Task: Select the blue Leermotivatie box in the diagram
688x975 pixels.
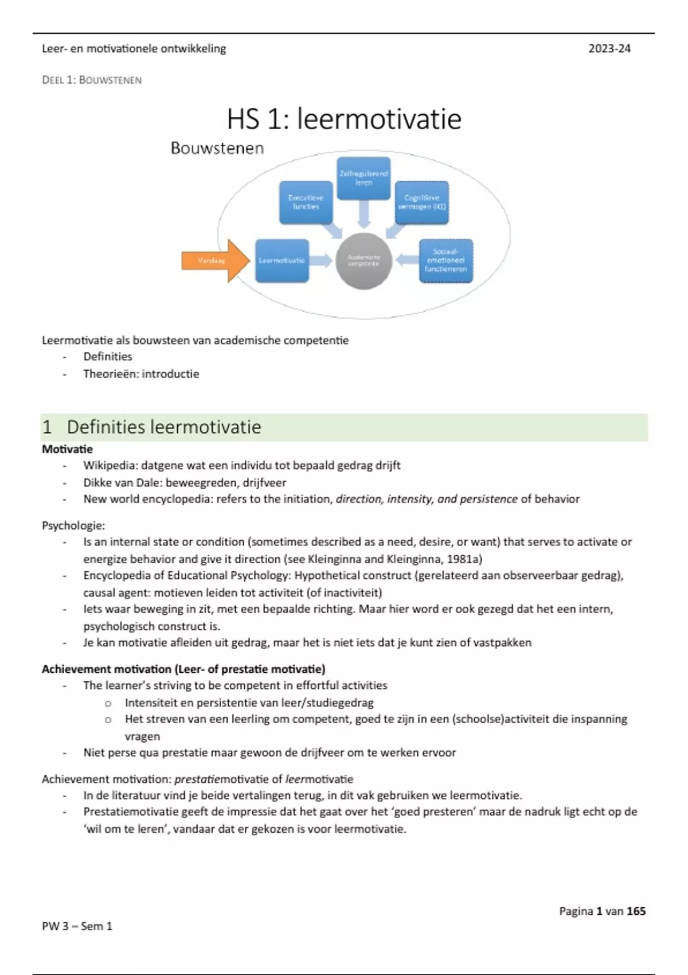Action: tap(282, 261)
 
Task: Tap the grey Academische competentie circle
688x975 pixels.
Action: tap(363, 261)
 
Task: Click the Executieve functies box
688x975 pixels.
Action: tap(306, 202)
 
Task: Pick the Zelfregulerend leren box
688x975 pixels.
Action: tap(363, 178)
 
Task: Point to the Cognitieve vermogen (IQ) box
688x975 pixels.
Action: tap(422, 202)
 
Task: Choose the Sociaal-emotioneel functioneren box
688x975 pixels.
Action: tap(446, 261)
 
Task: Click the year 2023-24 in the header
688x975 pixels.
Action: tap(609, 49)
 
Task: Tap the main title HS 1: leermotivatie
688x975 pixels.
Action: tap(344, 119)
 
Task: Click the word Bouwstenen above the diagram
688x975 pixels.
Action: tap(217, 149)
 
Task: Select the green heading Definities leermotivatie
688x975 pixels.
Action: tap(164, 427)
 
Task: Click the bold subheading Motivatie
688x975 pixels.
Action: tap(67, 449)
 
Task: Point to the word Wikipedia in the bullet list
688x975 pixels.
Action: tap(110, 466)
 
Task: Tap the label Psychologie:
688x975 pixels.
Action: tap(73, 526)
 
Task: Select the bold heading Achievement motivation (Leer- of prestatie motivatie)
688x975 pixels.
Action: tap(183, 669)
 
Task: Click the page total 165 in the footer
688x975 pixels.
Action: tap(636, 911)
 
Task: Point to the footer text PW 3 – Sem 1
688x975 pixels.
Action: tap(77, 926)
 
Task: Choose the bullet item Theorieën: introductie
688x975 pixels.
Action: tap(141, 374)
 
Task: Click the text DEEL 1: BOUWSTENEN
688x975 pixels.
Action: tap(92, 80)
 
